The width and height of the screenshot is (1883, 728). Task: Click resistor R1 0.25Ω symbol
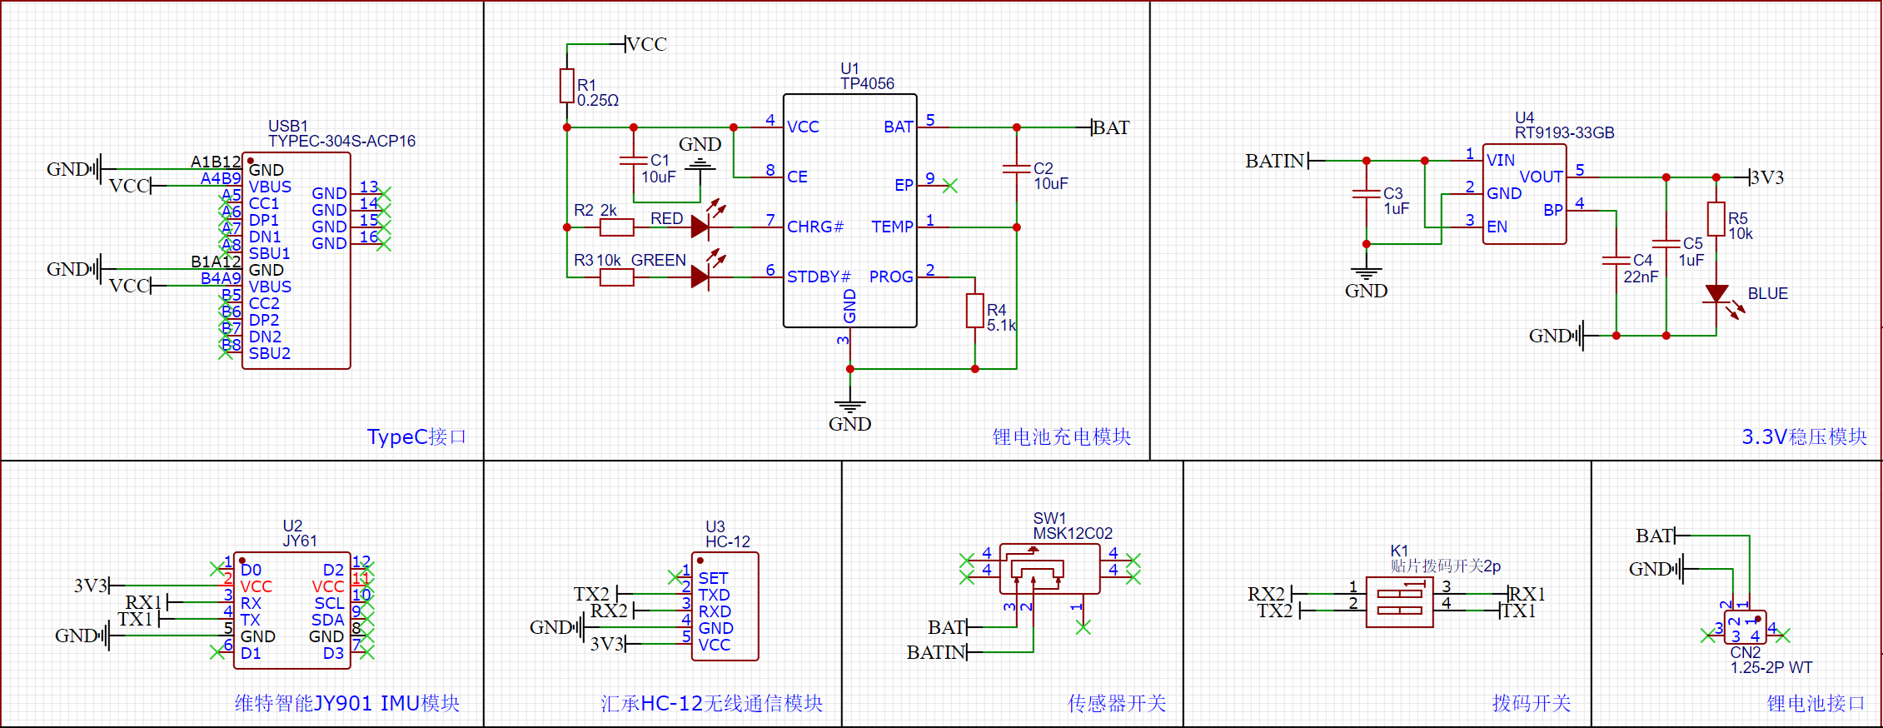pos(567,86)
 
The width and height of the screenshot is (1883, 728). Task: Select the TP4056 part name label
pos(867,83)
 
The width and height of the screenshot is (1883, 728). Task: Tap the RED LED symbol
pos(700,226)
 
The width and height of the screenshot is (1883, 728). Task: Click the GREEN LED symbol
pos(700,276)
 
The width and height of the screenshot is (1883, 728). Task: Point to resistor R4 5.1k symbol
pos(974,311)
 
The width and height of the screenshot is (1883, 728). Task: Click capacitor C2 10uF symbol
pos(1017,168)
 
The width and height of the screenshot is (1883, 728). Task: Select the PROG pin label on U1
pos(891,277)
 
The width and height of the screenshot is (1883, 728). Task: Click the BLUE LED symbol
pos(1716,294)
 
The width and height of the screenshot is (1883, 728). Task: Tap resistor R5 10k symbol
pos(1716,219)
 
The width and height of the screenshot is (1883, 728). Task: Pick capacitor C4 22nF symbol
pos(1616,261)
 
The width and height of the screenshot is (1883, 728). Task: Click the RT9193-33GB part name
pos(1564,132)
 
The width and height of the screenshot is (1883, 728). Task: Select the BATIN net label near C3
pos(1274,161)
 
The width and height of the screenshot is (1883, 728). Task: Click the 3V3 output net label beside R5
pos(1767,177)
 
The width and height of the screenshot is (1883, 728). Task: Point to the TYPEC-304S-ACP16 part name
pos(341,141)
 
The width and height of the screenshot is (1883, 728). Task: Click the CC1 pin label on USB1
pos(263,203)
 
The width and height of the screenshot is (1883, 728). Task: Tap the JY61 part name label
pos(300,541)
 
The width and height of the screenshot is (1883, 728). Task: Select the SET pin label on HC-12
pos(713,578)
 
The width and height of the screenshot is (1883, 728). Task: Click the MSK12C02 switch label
pos(1073,533)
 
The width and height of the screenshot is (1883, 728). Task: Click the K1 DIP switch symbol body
pos(1399,603)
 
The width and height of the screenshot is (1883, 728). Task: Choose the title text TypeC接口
pos(416,436)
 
